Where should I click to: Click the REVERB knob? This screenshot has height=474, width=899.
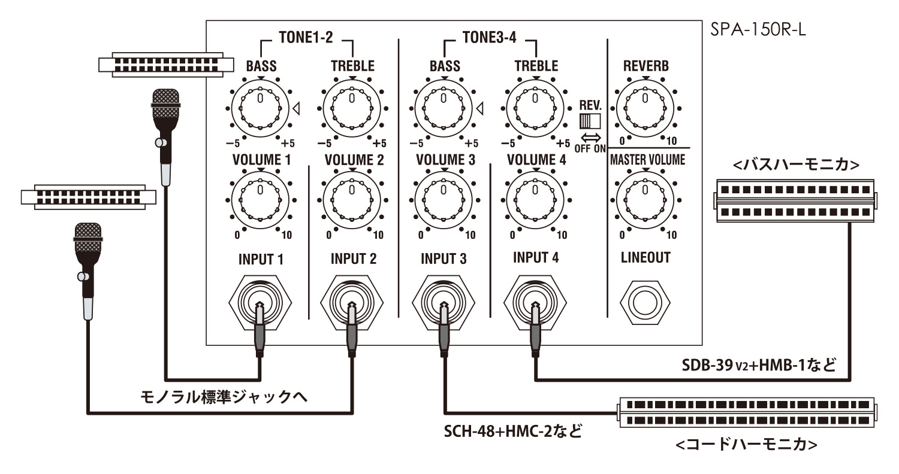(645, 108)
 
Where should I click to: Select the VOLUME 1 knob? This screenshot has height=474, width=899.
(261, 200)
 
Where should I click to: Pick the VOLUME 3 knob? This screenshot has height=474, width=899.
(444, 200)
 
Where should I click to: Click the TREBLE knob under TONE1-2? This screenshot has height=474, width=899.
(352, 108)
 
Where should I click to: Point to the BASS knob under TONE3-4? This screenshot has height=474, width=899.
(444, 108)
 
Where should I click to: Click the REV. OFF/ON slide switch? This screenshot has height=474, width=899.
(590, 121)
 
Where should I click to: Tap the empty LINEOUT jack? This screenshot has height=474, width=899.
(645, 303)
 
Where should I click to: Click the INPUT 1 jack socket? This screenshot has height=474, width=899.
(261, 302)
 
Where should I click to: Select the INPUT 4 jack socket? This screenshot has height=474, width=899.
(535, 302)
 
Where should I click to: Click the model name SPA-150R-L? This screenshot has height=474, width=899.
(758, 29)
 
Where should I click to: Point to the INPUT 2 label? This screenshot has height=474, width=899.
(354, 259)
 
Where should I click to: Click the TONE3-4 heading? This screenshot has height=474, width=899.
(489, 37)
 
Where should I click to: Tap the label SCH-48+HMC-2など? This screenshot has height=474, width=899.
(513, 431)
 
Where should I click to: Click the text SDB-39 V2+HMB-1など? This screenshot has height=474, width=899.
(759, 366)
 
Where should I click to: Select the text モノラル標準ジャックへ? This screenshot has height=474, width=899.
(224, 397)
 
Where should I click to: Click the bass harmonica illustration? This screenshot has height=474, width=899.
(795, 200)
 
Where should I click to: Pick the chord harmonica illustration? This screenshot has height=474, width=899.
(747, 413)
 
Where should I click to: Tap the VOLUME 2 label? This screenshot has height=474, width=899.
(354, 160)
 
